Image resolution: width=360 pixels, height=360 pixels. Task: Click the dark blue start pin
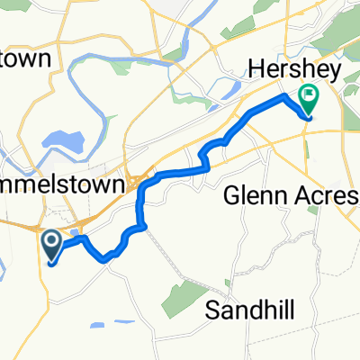point(49,241)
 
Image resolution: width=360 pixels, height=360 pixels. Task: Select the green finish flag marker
point(310,94)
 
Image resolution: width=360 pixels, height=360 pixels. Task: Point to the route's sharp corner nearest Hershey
point(287,94)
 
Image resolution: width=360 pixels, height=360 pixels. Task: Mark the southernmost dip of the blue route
point(108,259)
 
